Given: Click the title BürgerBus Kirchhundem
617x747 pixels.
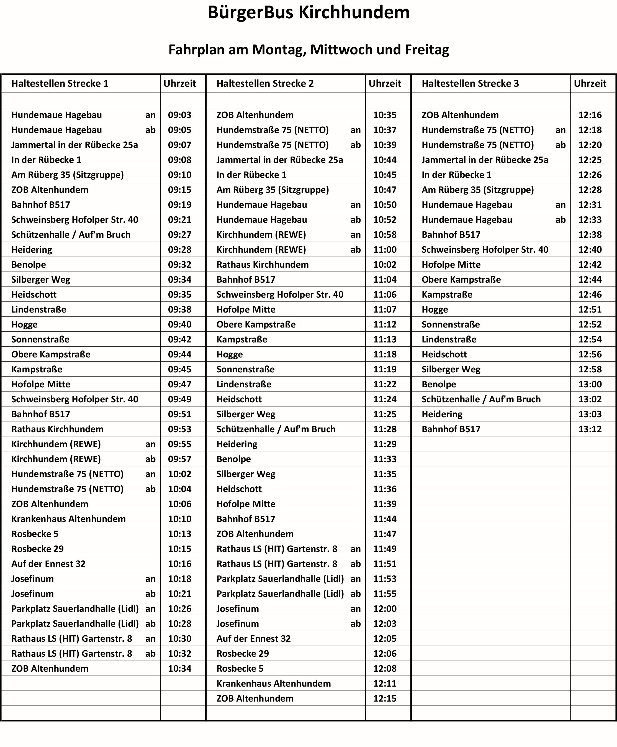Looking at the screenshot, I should pyautogui.click(x=308, y=13).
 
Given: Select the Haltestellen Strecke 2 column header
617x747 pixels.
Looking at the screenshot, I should pyautogui.click(x=265, y=84).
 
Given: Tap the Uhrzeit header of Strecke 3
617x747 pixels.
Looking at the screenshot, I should pyautogui.click(x=590, y=84).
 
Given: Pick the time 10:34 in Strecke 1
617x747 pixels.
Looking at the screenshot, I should pyautogui.click(x=179, y=668).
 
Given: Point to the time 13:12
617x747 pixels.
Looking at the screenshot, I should pyautogui.click(x=590, y=429).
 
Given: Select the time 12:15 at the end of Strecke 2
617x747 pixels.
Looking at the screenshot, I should pyautogui.click(x=385, y=698).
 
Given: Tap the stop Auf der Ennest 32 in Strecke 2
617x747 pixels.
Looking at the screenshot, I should pyautogui.click(x=253, y=639).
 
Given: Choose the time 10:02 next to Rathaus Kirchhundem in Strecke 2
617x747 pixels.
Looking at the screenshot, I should pyautogui.click(x=385, y=265).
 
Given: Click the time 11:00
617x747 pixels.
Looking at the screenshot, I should pyautogui.click(x=385, y=250).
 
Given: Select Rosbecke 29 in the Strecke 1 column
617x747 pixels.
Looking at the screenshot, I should pyautogui.click(x=37, y=549).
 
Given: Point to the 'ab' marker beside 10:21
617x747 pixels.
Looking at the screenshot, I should pyautogui.click(x=150, y=594).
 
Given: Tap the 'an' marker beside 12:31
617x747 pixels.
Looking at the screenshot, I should pyautogui.click(x=561, y=205).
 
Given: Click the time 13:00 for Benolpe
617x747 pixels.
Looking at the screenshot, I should pyautogui.click(x=590, y=384).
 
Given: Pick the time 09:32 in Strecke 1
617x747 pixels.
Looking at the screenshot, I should pyautogui.click(x=179, y=265).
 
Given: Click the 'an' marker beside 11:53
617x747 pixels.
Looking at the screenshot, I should pyautogui.click(x=355, y=579).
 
